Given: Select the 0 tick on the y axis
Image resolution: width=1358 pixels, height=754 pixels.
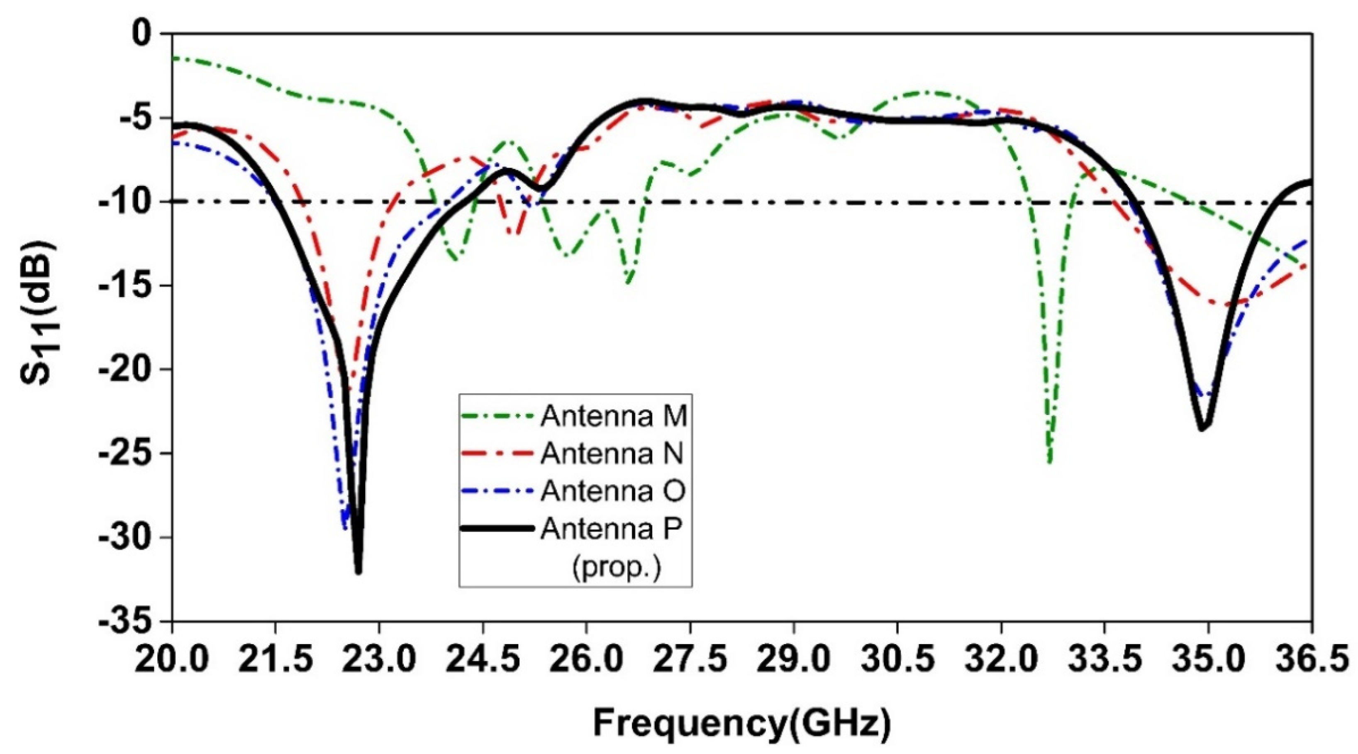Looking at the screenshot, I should pos(142,34).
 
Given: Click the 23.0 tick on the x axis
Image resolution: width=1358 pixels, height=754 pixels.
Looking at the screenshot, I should pos(378,660).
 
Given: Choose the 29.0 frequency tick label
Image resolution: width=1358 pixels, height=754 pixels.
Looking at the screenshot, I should pos(793,660).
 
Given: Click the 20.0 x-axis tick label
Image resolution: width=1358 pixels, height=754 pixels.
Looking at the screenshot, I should pos(172,660).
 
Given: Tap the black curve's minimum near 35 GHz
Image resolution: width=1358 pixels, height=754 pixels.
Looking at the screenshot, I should pos(1202,429).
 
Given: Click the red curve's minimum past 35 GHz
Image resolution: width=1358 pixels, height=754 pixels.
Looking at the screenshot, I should pos(1226,305).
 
